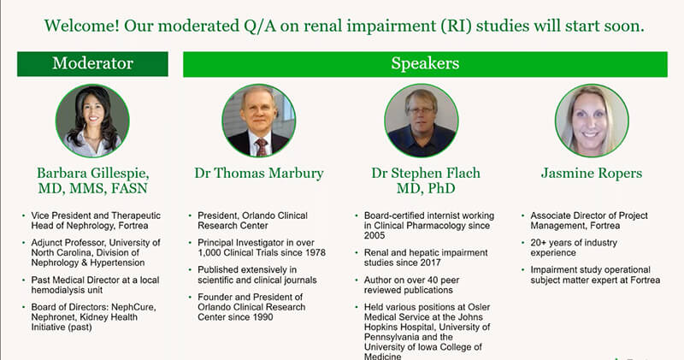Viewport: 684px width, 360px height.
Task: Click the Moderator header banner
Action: coord(92,64)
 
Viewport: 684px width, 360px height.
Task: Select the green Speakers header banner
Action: coord(425,64)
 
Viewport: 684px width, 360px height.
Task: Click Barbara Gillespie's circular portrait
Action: coord(92,121)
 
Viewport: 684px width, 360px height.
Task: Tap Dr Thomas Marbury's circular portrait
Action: coord(259,121)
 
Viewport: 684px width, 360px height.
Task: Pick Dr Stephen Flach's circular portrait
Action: coord(422,121)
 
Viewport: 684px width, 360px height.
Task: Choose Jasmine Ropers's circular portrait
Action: coord(592,121)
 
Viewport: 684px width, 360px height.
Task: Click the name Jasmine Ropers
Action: coord(592,174)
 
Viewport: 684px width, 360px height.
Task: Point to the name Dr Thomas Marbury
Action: coord(259,174)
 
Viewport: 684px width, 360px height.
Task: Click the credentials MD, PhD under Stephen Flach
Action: coord(426,188)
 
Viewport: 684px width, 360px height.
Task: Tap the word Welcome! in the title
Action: coord(81,26)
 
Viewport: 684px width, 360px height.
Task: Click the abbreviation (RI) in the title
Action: coord(456,27)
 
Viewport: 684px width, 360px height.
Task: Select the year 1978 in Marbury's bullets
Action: coord(315,252)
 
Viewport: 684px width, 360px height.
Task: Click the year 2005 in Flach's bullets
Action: coord(374,236)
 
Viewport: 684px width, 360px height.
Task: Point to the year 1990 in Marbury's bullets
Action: coord(262,317)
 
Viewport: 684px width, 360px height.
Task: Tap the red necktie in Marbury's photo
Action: coord(261,147)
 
